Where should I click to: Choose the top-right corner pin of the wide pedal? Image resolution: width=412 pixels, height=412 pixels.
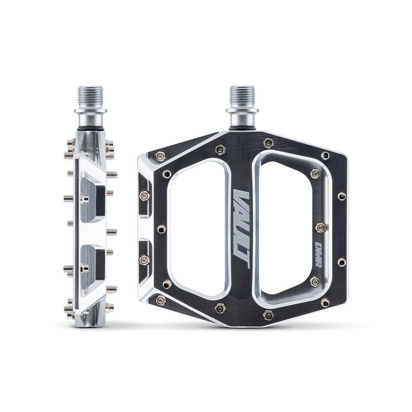[x=325, y=155]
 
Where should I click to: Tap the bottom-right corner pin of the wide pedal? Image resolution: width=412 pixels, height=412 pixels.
[x=325, y=303]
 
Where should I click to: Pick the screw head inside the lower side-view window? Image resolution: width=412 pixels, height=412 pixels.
[x=84, y=269]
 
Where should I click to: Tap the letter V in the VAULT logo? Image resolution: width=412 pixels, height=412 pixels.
[x=242, y=196]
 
